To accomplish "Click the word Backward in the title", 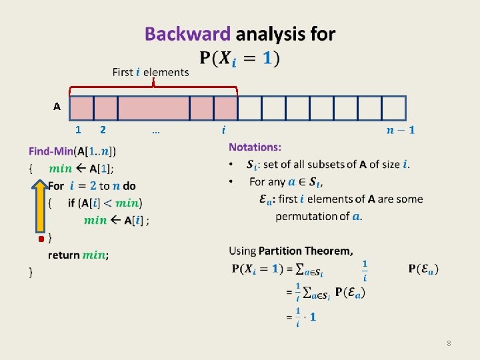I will (187, 34).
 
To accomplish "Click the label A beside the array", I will (57, 107).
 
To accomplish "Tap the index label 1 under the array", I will (79, 130).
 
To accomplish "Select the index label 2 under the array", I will (102, 130).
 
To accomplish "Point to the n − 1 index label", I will (400, 130).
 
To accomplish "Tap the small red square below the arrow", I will (41, 238).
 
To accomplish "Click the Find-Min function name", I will (51, 151).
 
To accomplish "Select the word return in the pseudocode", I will (63, 255).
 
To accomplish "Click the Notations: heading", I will (255, 147).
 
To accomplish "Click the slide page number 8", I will (449, 343).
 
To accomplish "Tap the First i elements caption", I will (151, 72).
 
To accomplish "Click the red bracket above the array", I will (153, 87).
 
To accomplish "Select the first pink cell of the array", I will (81, 107).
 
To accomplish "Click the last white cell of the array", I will (393, 107).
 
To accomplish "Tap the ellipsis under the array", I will (155, 131).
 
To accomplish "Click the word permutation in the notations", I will (307, 216).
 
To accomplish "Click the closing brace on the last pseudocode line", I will (30, 272).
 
